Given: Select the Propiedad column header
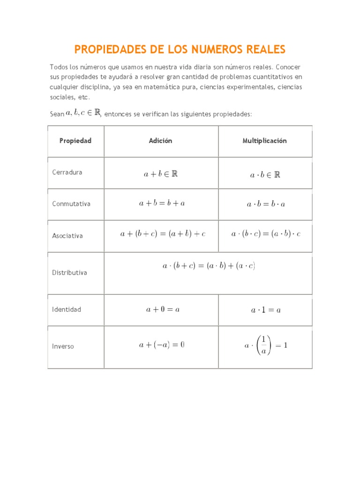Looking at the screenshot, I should (x=75, y=141).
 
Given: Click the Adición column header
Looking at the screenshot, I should (x=161, y=141).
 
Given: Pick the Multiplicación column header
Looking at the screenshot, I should (x=265, y=141).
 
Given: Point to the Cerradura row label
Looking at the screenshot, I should (x=67, y=172).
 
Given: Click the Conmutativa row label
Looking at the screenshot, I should (x=71, y=204).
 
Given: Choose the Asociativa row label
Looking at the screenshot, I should (x=67, y=236).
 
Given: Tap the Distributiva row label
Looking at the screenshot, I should (x=69, y=273).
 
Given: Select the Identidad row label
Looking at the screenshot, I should (x=67, y=309).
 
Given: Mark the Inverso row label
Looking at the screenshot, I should (x=63, y=346).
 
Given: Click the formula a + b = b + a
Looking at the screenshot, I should (x=162, y=203).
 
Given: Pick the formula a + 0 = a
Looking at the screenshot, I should (x=163, y=309).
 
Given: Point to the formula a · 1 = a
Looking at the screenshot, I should (x=266, y=310).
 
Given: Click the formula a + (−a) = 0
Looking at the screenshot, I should (x=162, y=345).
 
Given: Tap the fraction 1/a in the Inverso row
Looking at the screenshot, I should (x=263, y=346).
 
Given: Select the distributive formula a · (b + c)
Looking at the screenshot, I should (x=209, y=266).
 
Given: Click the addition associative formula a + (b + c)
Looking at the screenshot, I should (x=163, y=234).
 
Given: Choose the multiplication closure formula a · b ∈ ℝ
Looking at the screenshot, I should (x=265, y=175).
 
